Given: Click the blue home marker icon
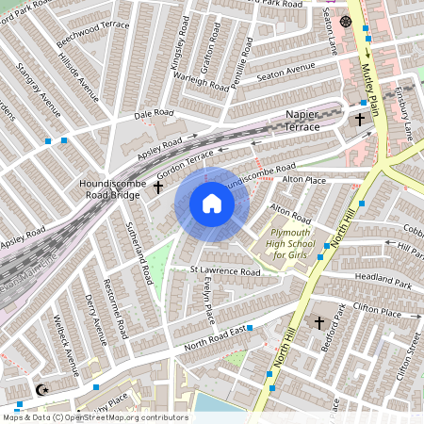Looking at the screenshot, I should tap(212, 204).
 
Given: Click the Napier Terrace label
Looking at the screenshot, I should tap(315, 120).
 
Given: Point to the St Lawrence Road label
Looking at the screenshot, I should tap(224, 271).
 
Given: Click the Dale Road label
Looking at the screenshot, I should tap(155, 113).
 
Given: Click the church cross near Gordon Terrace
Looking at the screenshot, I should tap(158, 188).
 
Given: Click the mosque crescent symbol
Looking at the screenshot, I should tap(41, 390).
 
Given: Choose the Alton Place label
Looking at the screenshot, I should tap(303, 179).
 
